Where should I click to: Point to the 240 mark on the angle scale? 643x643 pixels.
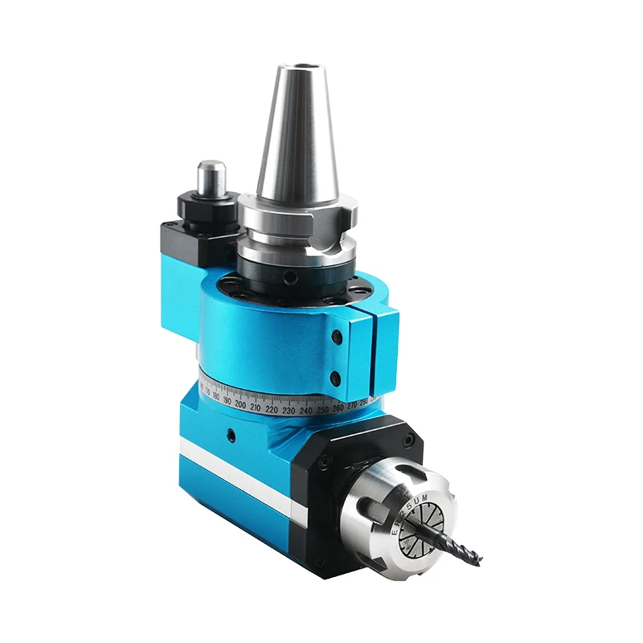click(305, 410)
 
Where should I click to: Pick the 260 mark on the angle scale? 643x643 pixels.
click(338, 406)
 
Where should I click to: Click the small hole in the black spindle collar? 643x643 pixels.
click(291, 277)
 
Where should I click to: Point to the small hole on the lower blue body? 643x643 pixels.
click(231, 437)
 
